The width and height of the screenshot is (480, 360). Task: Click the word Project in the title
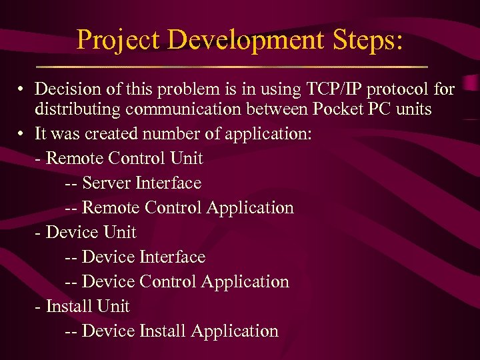(118, 40)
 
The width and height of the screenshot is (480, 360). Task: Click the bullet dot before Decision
(22, 89)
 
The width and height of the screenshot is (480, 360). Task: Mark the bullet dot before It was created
(22, 133)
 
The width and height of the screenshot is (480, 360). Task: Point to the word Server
(107, 183)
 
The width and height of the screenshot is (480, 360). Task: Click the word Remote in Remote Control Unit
(71, 158)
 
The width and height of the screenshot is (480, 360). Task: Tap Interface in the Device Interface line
(172, 257)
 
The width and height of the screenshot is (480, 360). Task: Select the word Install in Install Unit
(69, 306)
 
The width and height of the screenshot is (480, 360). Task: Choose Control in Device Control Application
(167, 281)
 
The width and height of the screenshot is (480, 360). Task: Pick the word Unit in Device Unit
(119, 232)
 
